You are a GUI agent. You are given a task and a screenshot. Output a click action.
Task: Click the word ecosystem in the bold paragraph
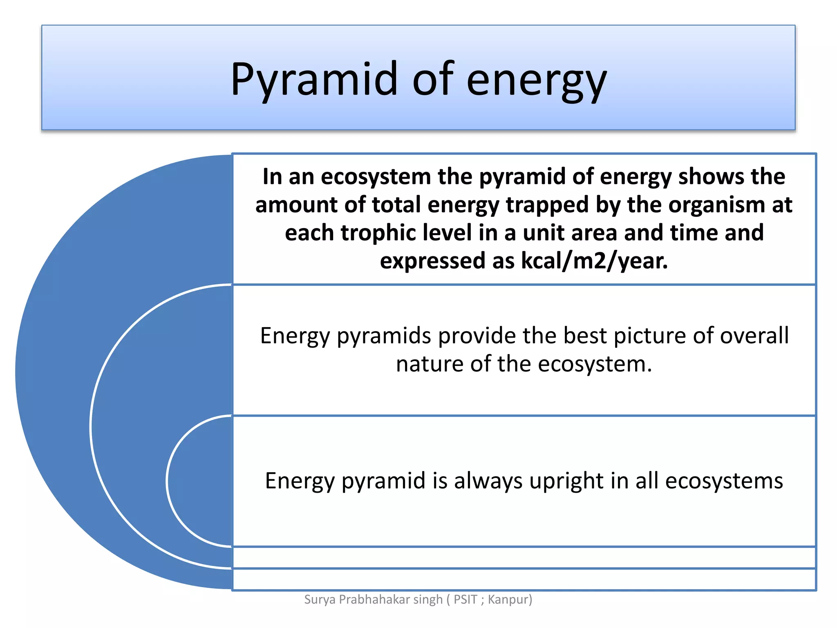coord(376,177)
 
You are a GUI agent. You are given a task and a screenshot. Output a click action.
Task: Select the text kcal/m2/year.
coord(595,261)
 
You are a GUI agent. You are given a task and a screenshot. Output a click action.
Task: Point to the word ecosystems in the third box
coord(724,481)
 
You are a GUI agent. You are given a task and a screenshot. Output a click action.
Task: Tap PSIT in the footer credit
coord(465,599)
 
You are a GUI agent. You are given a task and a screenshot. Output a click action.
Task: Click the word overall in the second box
coord(754,336)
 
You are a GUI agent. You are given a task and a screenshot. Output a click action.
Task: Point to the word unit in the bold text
coord(540,233)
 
